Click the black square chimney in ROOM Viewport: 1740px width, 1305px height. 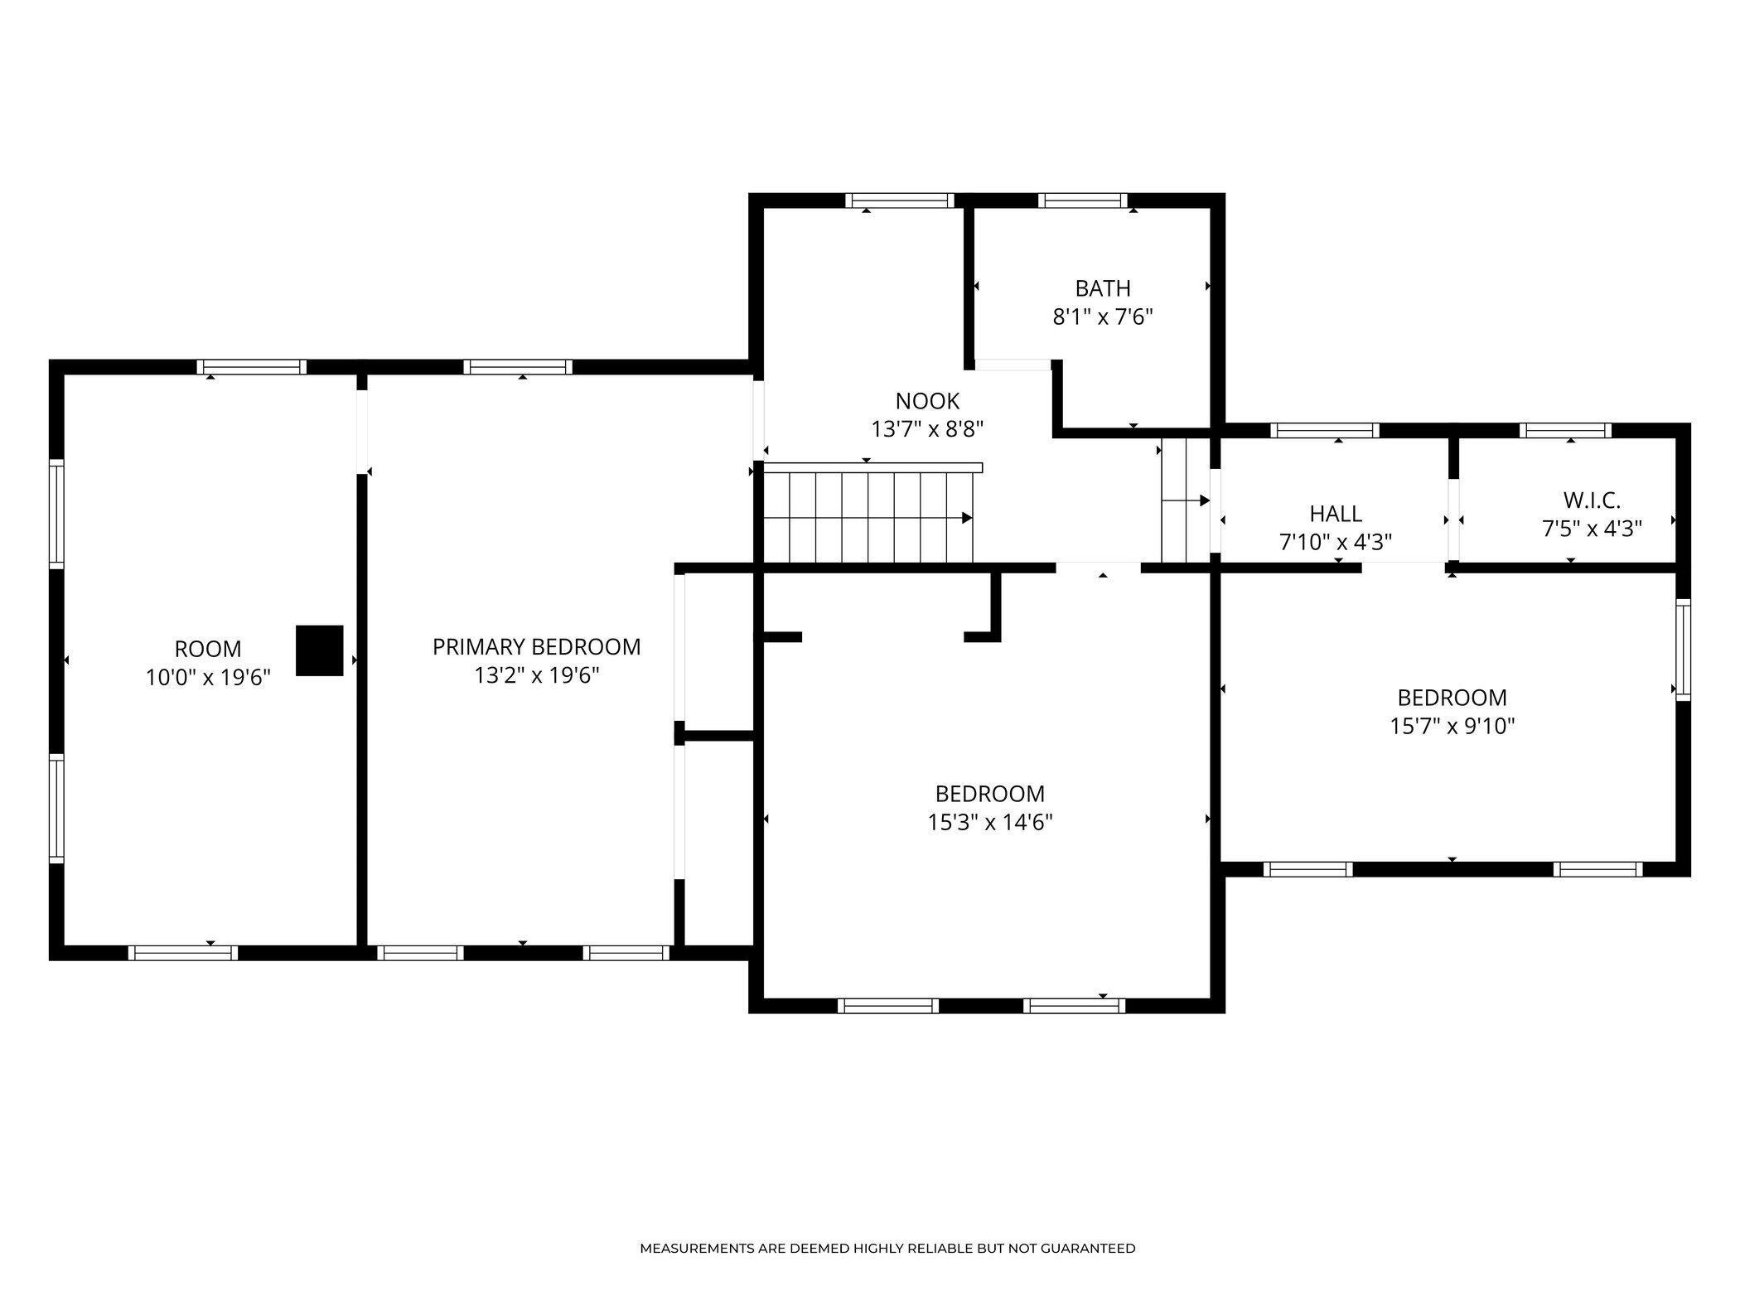click(x=320, y=650)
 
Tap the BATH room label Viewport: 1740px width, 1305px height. click(x=1103, y=288)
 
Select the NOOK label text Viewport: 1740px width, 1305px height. click(x=927, y=401)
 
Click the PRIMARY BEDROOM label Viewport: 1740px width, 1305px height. click(x=537, y=646)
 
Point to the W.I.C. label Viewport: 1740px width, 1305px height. click(x=1592, y=500)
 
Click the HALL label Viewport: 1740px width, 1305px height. click(x=1336, y=514)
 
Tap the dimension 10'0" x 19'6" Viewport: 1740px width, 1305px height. click(x=209, y=678)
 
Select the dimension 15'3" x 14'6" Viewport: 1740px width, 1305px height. click(x=990, y=822)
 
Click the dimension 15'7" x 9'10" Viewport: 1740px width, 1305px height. click(x=1452, y=726)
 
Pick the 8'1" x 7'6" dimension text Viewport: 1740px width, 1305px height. click(x=1103, y=317)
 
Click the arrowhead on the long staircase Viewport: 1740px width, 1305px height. click(x=967, y=518)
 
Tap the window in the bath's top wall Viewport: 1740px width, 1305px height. click(x=1082, y=200)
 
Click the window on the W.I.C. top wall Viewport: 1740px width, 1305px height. click(x=1565, y=430)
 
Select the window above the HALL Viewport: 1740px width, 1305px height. click(x=1325, y=430)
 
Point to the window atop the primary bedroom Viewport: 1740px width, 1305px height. click(x=518, y=367)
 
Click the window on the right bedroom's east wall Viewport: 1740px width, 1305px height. click(x=1683, y=650)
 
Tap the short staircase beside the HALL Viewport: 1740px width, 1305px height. click(x=1186, y=500)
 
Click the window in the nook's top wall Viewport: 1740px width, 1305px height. click(x=900, y=200)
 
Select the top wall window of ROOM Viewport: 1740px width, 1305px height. click(x=252, y=367)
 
